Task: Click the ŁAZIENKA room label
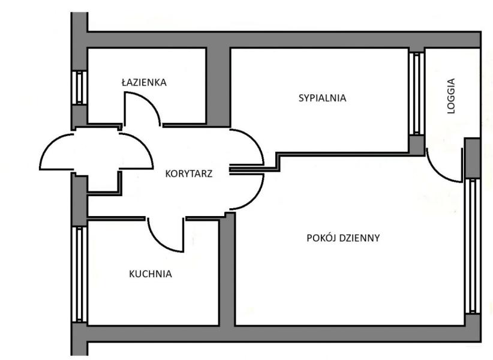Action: click(x=144, y=83)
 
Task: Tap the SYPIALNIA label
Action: click(x=322, y=98)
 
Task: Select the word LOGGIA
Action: click(x=452, y=96)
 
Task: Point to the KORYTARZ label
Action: click(x=189, y=174)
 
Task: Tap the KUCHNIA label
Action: click(x=151, y=274)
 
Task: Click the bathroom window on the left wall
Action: click(x=79, y=88)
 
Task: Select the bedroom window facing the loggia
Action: click(x=416, y=94)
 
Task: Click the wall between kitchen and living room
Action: click(x=227, y=270)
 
